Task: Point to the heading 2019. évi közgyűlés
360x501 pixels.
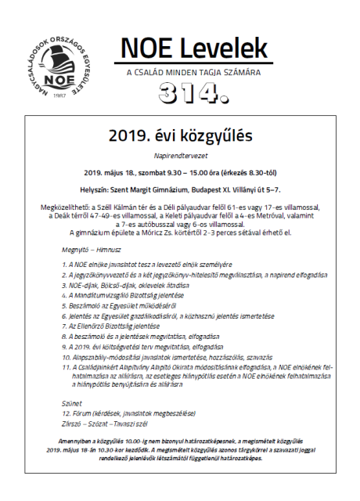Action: [x=180, y=135]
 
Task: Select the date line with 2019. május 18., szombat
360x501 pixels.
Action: [x=180, y=171]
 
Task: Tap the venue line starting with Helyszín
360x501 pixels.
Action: [x=180, y=189]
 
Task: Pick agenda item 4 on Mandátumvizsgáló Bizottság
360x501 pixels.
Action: [x=130, y=297]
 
